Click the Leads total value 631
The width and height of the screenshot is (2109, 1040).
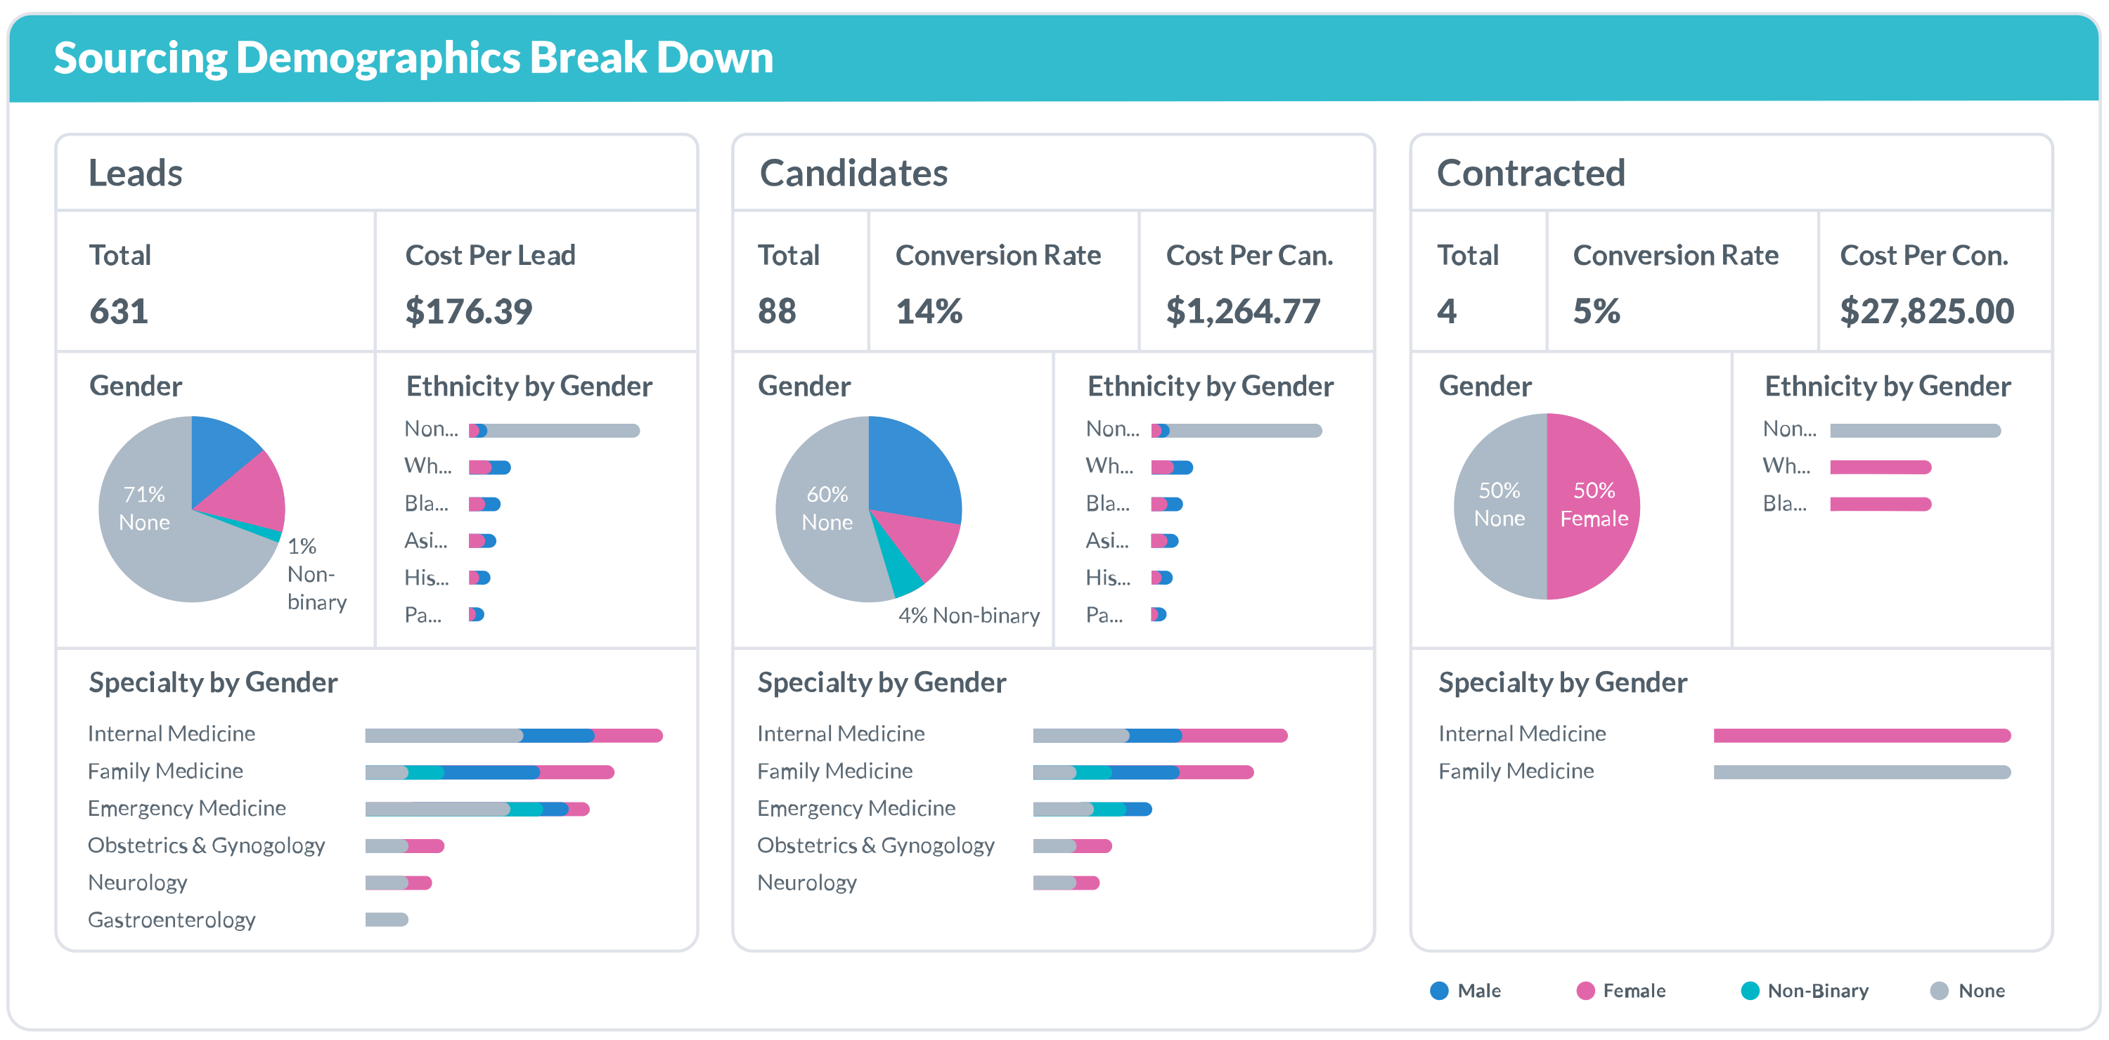pyautogui.click(x=119, y=312)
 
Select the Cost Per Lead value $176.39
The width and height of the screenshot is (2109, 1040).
pyautogui.click(x=468, y=312)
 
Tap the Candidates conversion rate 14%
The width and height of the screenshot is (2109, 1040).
pyautogui.click(x=929, y=312)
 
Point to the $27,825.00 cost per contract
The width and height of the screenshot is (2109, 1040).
pyautogui.click(x=1926, y=312)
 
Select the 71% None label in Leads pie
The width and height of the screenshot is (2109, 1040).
pyautogui.click(x=144, y=508)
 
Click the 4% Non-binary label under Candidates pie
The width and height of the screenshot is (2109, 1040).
pyautogui.click(x=969, y=616)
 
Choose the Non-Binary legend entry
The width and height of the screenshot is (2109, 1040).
pyautogui.click(x=1805, y=991)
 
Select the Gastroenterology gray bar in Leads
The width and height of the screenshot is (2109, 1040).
pyautogui.click(x=387, y=920)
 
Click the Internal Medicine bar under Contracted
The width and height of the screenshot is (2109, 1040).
pyautogui.click(x=1862, y=736)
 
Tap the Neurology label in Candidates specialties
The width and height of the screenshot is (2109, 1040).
pyautogui.click(x=806, y=883)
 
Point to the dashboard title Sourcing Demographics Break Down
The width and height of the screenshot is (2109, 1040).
pyautogui.click(x=413, y=58)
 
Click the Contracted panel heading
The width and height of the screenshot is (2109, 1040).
pyautogui.click(x=1530, y=173)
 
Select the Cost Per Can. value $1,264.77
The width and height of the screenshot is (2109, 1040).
pyautogui.click(x=1242, y=312)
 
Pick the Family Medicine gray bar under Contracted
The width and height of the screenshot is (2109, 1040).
pyautogui.click(x=1862, y=772)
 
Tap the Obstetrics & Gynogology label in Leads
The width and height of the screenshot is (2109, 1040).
pyautogui.click(x=206, y=845)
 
